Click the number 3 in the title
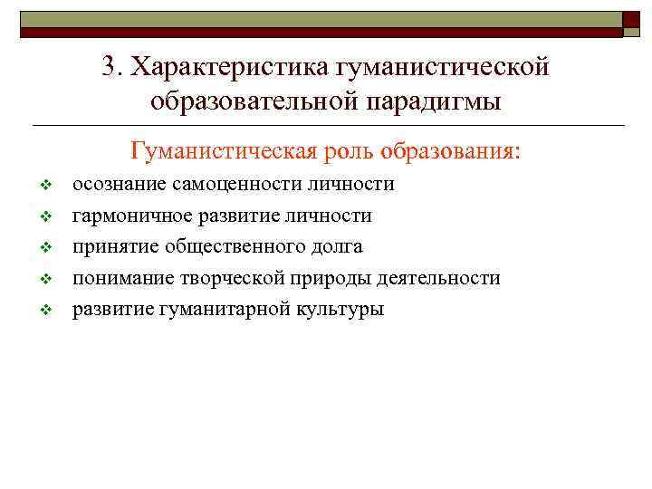point(110,67)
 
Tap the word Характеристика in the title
point(228,67)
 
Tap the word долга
point(338,246)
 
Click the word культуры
point(340,309)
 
